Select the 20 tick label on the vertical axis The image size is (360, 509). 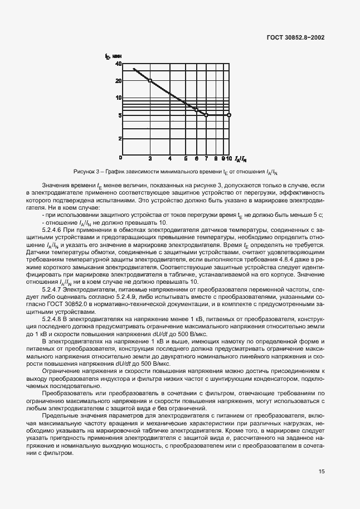(x=118, y=80)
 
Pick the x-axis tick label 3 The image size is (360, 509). (x=150, y=158)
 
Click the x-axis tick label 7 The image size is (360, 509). (x=206, y=158)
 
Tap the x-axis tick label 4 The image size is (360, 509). (x=169, y=158)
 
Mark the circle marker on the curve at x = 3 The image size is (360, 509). (x=150, y=80)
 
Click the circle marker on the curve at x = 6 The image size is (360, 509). (x=196, y=110)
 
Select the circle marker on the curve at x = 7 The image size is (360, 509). (x=206, y=115)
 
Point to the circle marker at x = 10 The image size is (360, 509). (x=229, y=115)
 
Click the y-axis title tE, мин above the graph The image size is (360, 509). (x=114, y=56)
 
